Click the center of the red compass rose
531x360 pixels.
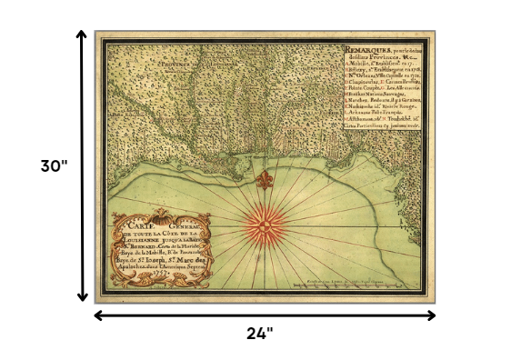(265, 223)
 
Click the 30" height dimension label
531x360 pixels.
(55, 166)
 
